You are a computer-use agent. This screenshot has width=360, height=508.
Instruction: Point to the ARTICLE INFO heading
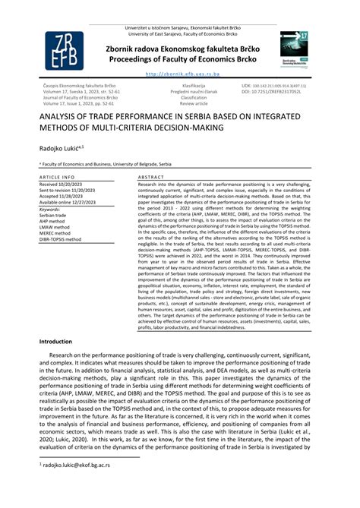[57, 176]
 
